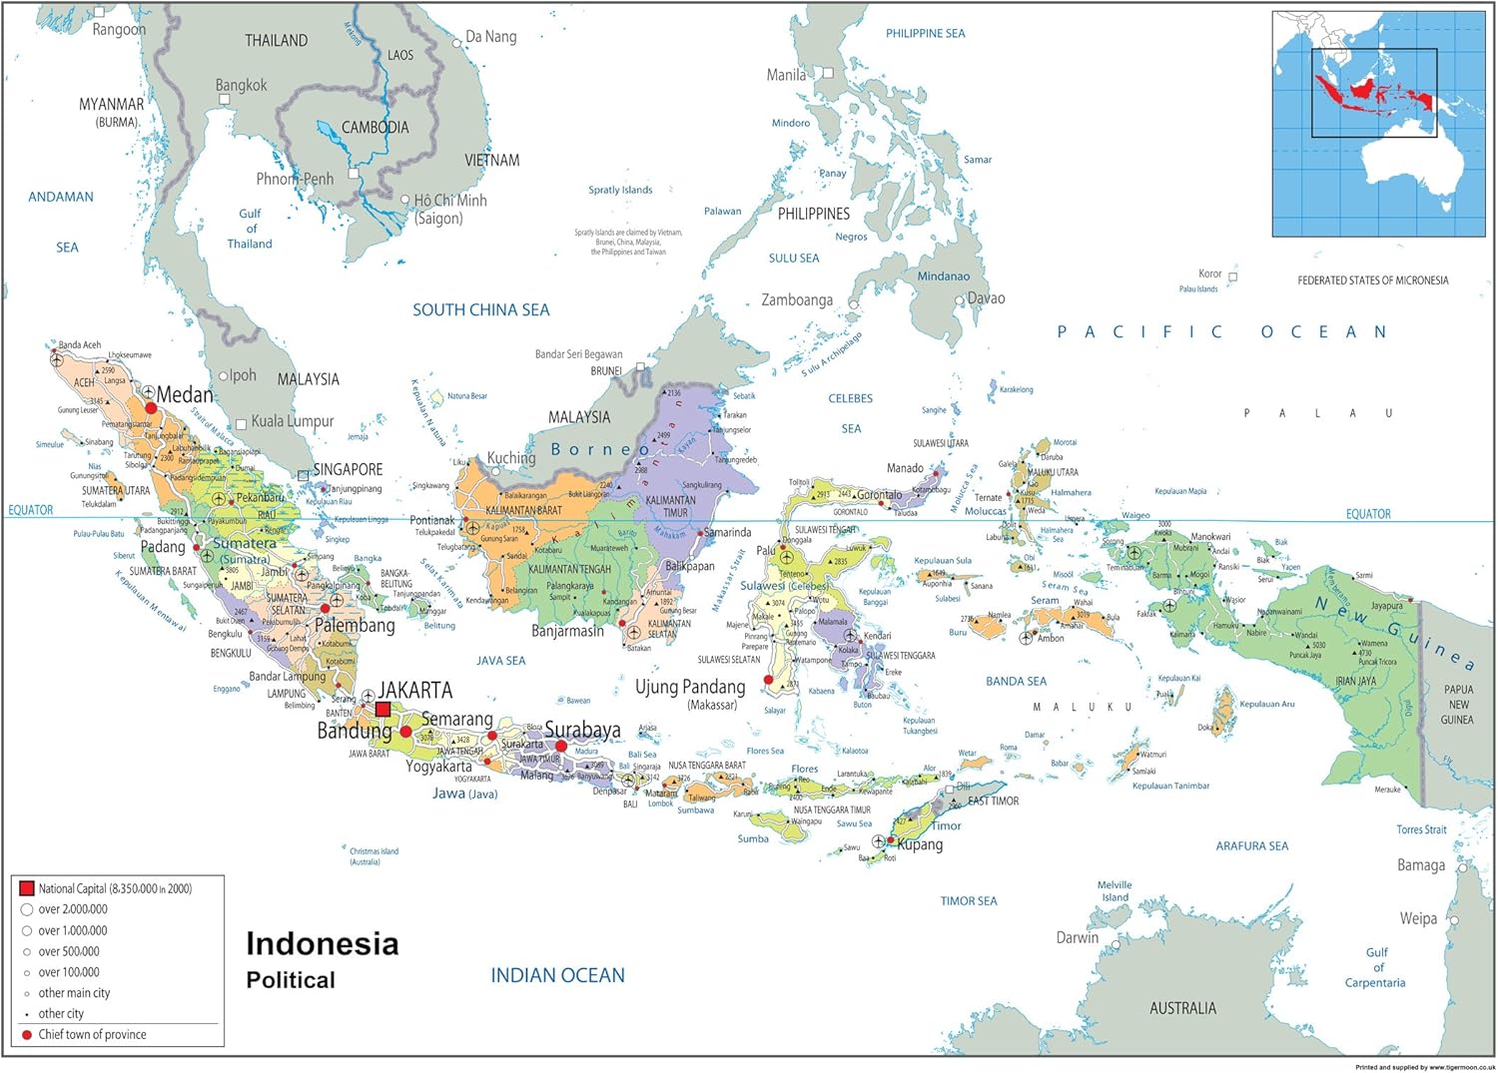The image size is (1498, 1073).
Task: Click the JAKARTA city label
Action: tap(414, 690)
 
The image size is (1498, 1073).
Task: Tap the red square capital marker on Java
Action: tap(382, 710)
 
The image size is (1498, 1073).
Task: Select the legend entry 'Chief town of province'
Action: tap(92, 1034)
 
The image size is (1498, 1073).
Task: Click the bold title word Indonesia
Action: tap(322, 943)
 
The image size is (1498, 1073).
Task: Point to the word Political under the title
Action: tap(291, 980)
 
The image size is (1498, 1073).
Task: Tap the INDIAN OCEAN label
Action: tap(557, 975)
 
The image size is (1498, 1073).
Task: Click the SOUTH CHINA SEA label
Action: tap(480, 309)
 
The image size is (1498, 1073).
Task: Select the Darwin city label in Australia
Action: tap(1077, 937)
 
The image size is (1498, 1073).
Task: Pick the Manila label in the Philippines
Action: tap(786, 75)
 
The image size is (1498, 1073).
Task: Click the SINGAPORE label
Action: tap(348, 469)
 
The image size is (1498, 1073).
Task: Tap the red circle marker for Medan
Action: tap(151, 408)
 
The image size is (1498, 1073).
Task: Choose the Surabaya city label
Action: tap(582, 730)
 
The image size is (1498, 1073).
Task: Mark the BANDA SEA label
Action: tap(1016, 681)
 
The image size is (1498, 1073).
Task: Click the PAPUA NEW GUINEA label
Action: tap(1457, 704)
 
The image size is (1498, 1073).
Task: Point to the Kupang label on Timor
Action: tap(920, 844)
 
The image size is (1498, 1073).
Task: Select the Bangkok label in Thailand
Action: tap(242, 86)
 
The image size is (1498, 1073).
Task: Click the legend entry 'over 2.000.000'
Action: tap(73, 909)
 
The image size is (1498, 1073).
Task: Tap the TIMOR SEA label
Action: tap(968, 900)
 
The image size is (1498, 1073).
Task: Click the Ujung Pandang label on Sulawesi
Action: tap(690, 687)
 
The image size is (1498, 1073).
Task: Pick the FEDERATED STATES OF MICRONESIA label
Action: tap(1372, 280)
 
